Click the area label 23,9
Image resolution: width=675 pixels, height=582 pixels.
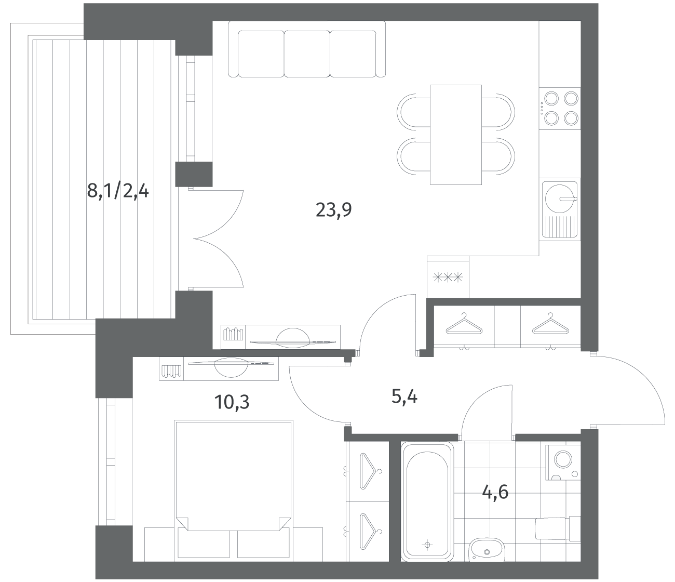click(x=333, y=210)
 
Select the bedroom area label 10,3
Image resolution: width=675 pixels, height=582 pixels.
click(x=232, y=402)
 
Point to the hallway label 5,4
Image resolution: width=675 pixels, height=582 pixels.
click(x=404, y=398)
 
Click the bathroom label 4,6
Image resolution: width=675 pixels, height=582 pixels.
click(x=495, y=492)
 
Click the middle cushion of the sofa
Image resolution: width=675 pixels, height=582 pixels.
click(x=307, y=54)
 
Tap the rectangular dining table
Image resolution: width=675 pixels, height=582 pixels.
click(x=455, y=135)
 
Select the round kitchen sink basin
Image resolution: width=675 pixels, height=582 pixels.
click(x=559, y=199)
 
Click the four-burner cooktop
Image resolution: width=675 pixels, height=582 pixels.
click(x=560, y=109)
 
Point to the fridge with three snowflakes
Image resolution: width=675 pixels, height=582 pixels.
click(x=448, y=277)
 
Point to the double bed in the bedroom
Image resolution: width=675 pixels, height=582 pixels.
click(x=233, y=491)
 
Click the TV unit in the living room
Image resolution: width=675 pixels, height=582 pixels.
click(x=280, y=337)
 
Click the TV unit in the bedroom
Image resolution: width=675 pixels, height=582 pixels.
click(x=219, y=368)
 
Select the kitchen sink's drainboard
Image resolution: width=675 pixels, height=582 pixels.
click(x=559, y=226)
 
